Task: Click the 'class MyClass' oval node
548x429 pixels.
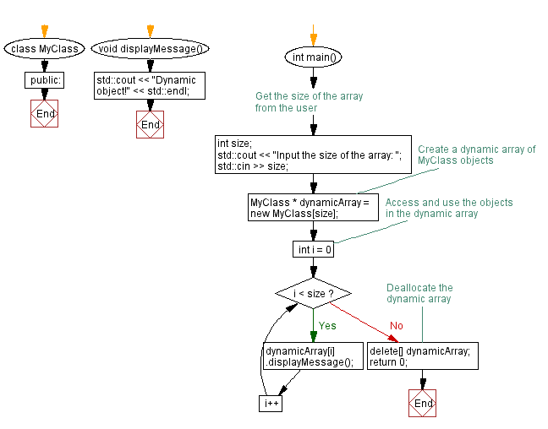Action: [x=45, y=49]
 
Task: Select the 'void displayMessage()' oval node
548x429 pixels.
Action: [x=150, y=49]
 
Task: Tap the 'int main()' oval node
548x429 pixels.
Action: [x=313, y=57]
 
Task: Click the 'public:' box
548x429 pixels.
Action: [x=45, y=81]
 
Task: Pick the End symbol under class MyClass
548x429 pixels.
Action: [x=45, y=113]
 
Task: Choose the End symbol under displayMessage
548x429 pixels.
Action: [x=150, y=125]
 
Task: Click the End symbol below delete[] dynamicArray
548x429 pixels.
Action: [x=423, y=404]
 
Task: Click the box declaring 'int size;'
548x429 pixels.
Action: [x=313, y=155]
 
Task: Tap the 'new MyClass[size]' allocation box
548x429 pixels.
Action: [x=312, y=208]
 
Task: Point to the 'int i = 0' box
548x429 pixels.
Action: [x=313, y=250]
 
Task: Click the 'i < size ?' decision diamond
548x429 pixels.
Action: [x=313, y=294]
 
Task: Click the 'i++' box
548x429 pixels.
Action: [x=271, y=404]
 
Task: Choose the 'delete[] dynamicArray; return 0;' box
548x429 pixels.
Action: [x=422, y=356]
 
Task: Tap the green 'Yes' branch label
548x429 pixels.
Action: [x=326, y=325]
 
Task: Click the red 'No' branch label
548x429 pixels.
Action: [x=396, y=326]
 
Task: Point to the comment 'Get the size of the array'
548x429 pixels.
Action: [x=309, y=102]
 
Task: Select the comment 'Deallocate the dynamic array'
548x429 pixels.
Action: [x=419, y=293]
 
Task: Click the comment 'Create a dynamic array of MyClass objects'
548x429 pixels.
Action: [x=476, y=155]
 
